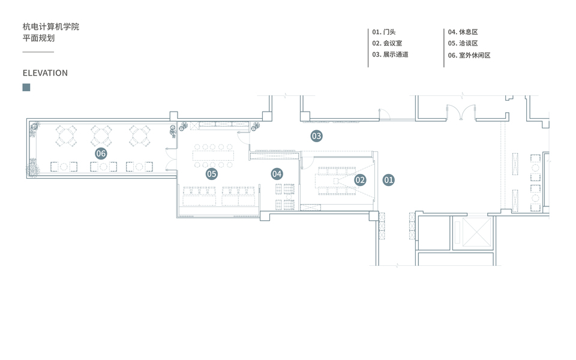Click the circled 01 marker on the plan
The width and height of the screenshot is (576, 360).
click(388, 179)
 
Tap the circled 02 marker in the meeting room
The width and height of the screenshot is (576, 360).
click(360, 179)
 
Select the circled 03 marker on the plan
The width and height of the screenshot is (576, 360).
click(316, 136)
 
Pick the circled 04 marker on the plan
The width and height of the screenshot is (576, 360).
click(277, 174)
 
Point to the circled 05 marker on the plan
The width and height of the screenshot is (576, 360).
click(211, 174)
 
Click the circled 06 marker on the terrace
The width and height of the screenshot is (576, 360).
click(101, 154)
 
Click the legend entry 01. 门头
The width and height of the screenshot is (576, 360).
click(384, 32)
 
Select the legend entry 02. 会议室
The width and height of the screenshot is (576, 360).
click(387, 43)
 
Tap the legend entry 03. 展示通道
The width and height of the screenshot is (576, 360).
click(391, 55)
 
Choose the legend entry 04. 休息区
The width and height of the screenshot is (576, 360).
click(463, 32)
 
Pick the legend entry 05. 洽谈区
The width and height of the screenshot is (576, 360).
click(463, 43)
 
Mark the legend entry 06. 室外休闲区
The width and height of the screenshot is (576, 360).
click(469, 55)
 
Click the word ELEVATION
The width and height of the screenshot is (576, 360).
click(45, 73)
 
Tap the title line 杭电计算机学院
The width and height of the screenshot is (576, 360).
click(51, 27)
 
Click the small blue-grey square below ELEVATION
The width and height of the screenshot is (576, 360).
click(26, 88)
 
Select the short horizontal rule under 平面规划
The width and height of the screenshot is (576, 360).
click(38, 52)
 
